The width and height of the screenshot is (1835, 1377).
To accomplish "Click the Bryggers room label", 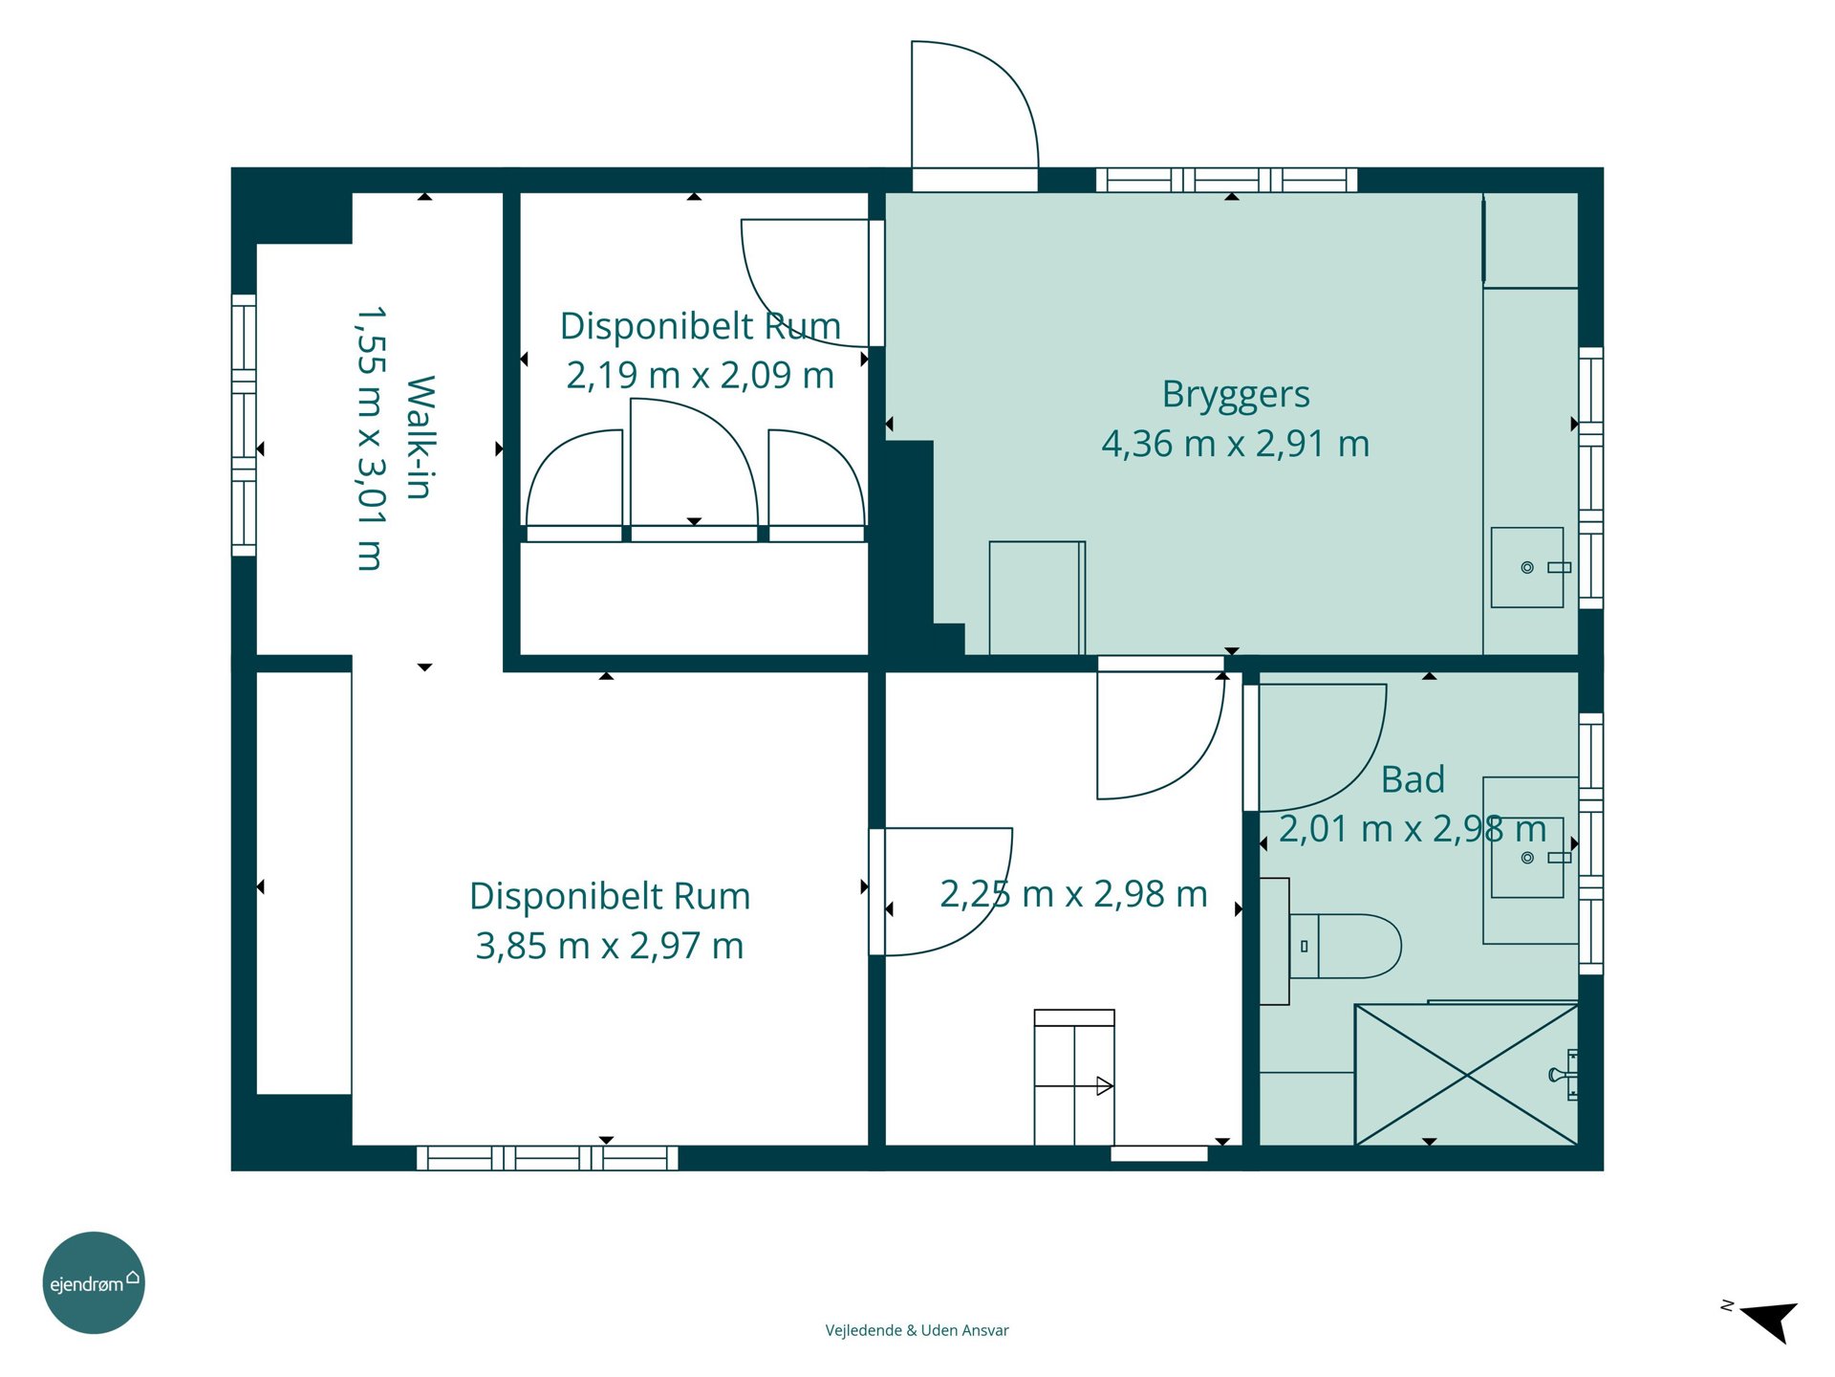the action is click(1235, 395).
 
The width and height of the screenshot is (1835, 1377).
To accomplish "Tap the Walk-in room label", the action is click(421, 437).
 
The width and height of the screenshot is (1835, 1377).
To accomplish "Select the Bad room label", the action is click(1413, 779).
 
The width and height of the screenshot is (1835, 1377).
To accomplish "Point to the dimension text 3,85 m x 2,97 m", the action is click(610, 946).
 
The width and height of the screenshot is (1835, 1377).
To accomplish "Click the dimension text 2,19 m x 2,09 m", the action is click(701, 375).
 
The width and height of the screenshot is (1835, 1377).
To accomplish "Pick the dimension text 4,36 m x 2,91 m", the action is click(1236, 444).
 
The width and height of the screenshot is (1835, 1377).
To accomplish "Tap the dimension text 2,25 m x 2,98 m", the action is click(1074, 894).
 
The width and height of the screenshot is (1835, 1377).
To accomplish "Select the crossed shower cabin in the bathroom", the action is click(1466, 1074).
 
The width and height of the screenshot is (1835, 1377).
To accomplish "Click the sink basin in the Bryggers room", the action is click(1527, 567).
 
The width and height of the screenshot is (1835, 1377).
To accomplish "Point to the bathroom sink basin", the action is click(1527, 857).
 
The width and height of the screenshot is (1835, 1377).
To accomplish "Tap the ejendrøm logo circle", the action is click(94, 1282).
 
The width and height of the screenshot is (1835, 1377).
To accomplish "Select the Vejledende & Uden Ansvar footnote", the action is click(917, 1330).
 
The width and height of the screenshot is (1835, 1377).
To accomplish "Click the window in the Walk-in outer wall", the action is click(244, 425).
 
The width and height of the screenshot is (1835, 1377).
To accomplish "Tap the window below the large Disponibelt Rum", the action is click(548, 1158).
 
